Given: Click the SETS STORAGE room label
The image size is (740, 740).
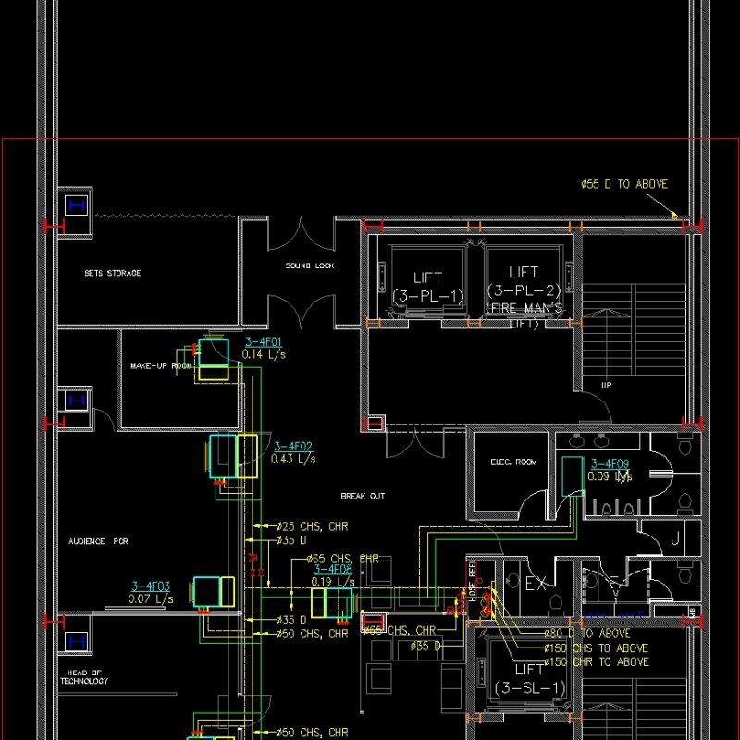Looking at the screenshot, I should click(113, 274).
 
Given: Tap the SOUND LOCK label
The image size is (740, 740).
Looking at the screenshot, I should click(310, 266).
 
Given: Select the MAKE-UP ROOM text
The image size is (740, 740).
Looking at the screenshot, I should click(162, 366).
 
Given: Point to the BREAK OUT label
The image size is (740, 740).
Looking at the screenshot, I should click(363, 497).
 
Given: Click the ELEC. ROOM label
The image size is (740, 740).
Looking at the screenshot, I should click(513, 462).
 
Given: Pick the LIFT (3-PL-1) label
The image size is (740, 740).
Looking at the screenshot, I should click(428, 287).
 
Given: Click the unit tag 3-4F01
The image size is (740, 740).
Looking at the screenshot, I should click(264, 342).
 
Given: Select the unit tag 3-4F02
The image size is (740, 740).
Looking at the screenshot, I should click(293, 446).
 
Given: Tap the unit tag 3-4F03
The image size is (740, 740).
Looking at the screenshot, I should click(151, 586).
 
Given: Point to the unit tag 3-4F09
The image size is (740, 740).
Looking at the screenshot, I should click(610, 464).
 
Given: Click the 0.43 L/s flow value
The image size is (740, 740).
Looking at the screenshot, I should click(293, 458).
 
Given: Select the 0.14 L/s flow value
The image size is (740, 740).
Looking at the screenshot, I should click(264, 354).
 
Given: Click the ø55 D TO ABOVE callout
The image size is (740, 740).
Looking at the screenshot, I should click(623, 185).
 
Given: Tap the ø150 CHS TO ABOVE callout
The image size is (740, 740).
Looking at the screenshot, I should click(596, 648).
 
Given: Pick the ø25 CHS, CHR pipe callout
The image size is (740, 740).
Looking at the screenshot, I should click(312, 526).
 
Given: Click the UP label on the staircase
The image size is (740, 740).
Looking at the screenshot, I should click(607, 385).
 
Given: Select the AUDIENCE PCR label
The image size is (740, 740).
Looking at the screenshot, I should click(98, 540).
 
